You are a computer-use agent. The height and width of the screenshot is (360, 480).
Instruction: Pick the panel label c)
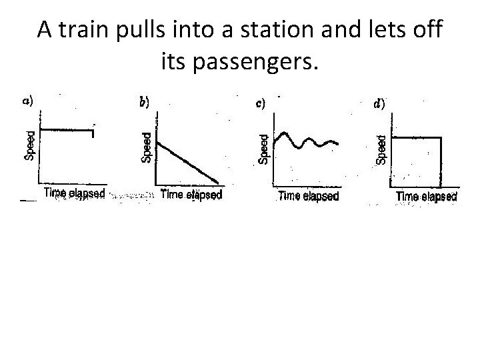pyautogui.click(x=261, y=103)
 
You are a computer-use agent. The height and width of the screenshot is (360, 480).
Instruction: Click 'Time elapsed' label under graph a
pyautogui.click(x=74, y=193)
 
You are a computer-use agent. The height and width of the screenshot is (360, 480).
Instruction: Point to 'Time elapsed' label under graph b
pyautogui.click(x=191, y=195)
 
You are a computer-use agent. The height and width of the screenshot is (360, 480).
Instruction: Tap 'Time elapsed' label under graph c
pyautogui.click(x=307, y=196)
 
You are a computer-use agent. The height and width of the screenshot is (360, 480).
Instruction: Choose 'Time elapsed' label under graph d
pyautogui.click(x=426, y=197)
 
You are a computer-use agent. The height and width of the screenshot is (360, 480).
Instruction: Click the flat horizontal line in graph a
pyautogui.click(x=67, y=131)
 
